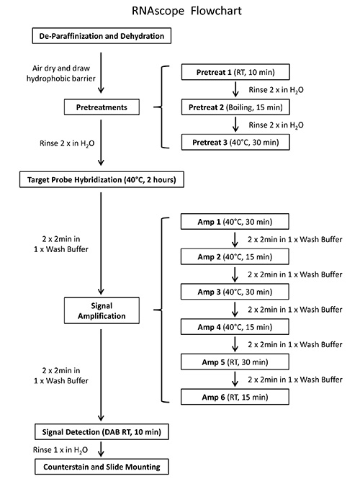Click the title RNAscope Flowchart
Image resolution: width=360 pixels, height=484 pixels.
(179, 12)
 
